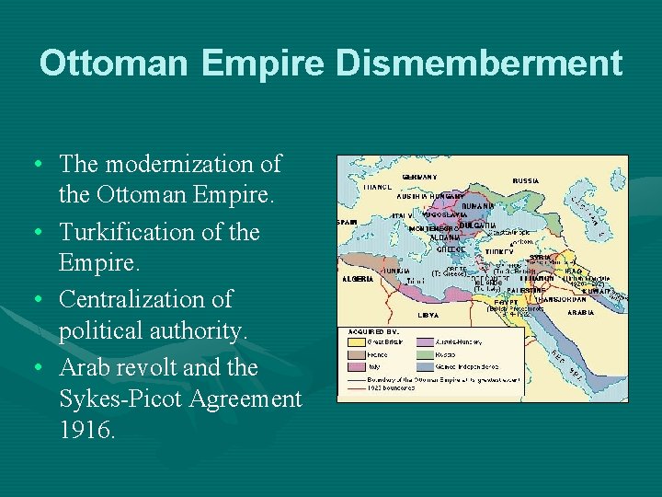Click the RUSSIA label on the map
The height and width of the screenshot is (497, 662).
[x=526, y=180]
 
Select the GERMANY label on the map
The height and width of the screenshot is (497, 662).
[x=419, y=177]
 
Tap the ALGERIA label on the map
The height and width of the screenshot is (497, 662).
[x=357, y=278]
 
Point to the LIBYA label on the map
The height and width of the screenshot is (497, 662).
[x=428, y=315]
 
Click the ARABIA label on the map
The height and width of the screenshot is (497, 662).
[x=580, y=312]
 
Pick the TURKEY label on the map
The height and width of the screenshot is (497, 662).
[x=499, y=250]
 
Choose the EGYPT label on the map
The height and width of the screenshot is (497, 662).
[x=508, y=300]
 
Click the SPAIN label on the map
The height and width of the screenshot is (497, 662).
[x=347, y=222]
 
